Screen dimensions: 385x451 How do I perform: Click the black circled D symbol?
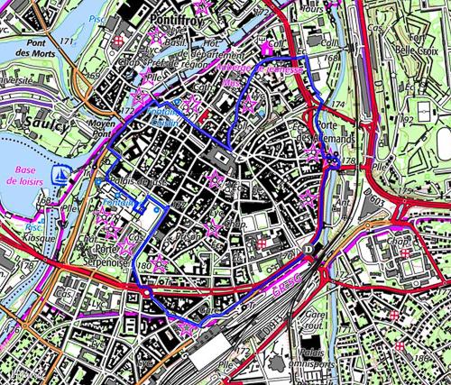pos(308,246)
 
